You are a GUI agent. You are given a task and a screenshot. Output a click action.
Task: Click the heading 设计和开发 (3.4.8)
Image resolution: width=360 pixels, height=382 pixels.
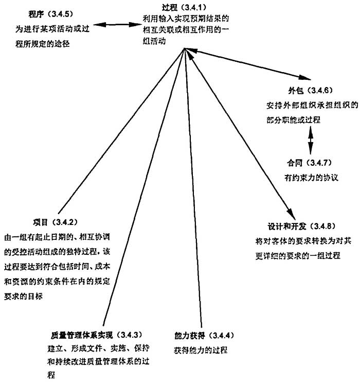[294, 225]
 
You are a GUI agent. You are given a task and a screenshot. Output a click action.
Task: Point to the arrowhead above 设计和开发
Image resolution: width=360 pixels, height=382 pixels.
[290, 213]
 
